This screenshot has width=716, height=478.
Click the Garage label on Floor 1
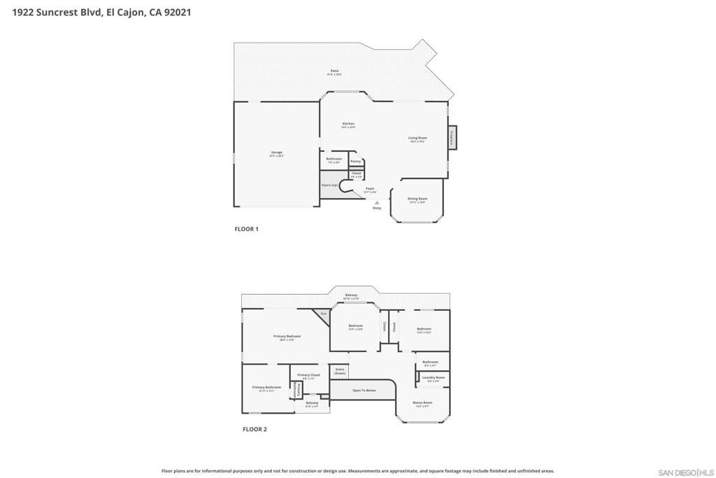click(x=277, y=153)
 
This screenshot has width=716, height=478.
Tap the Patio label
click(x=335, y=71)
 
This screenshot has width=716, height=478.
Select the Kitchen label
click(x=348, y=124)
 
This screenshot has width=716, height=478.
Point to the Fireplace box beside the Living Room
click(x=452, y=137)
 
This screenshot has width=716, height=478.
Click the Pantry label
click(x=355, y=162)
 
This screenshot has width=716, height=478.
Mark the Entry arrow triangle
click(x=377, y=202)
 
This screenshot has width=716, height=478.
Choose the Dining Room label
click(x=417, y=199)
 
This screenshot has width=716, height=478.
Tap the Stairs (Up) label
click(x=329, y=185)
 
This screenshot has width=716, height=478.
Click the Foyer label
click(x=370, y=188)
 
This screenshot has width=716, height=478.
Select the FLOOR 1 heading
click(x=246, y=229)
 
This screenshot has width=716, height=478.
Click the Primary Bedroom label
click(x=287, y=337)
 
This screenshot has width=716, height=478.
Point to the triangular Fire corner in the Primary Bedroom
click(x=322, y=315)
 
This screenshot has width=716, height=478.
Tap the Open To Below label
click(x=364, y=390)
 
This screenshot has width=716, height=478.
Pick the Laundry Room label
click(x=434, y=377)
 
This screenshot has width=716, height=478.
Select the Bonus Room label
click(x=423, y=402)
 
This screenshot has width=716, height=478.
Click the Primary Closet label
click(x=308, y=375)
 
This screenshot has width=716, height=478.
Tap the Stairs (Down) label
click(x=340, y=371)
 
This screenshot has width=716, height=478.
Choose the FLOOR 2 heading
click(x=255, y=429)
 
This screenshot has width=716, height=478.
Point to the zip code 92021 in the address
click(x=177, y=12)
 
